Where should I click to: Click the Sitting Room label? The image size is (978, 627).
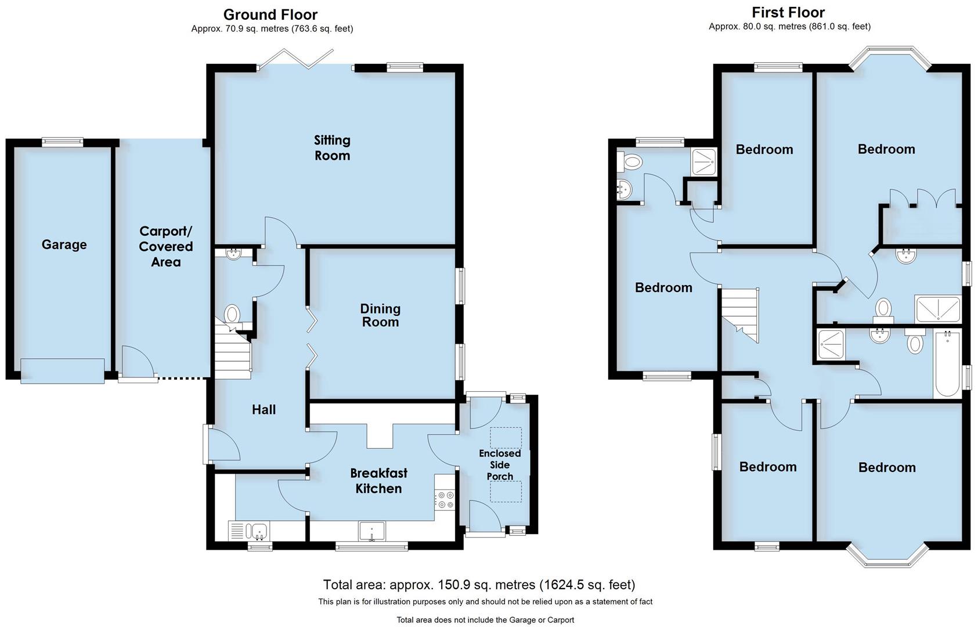pos(332,147)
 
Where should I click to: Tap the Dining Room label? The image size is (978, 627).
pos(380,315)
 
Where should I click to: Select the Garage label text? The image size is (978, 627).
pos(64,244)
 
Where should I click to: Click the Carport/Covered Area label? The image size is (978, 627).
pos(165,247)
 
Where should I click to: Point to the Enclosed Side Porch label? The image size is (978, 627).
pos(500,464)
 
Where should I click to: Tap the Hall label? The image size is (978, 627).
pos(264,409)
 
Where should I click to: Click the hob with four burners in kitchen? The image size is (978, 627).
pos(446,500)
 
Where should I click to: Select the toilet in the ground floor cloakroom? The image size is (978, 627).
pos(232,315)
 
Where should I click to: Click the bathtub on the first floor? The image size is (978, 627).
pos(947,364)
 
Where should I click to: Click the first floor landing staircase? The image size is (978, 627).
pos(739,313)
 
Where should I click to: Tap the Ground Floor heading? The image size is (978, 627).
pos(270,14)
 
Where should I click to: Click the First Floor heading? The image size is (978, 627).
pos(788,12)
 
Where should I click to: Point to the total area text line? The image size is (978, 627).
pos(479,585)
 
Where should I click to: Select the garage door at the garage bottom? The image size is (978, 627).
pos(62,371)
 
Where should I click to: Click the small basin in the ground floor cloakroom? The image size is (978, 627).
pos(234,253)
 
